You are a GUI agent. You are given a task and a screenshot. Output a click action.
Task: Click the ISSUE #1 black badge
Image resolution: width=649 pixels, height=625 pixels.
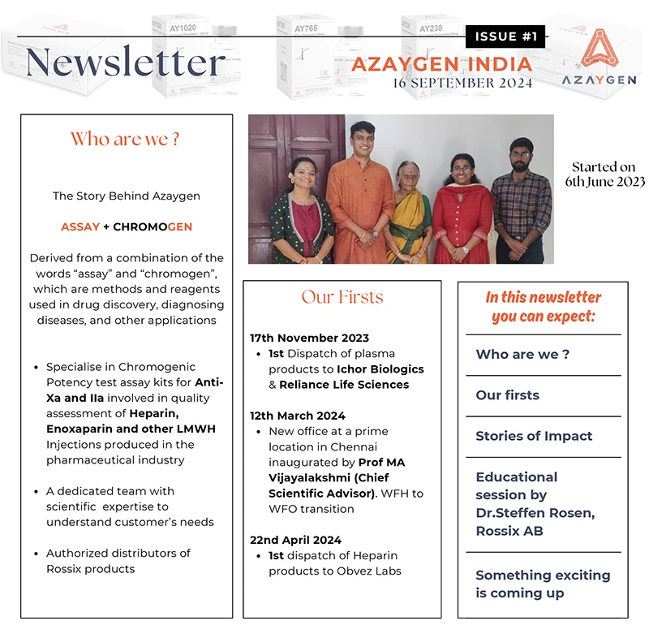click(506, 37)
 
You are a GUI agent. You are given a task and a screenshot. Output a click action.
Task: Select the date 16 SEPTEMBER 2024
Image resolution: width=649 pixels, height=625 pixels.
click(462, 83)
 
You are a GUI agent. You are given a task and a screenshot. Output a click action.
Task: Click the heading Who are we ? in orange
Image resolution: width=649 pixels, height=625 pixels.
click(125, 139)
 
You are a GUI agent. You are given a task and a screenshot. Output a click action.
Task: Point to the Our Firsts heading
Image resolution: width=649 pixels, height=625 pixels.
click(342, 296)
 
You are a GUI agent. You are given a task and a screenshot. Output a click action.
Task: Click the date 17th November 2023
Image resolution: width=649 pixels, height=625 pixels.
click(310, 338)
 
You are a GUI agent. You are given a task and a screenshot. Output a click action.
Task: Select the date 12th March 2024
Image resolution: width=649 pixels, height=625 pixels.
click(298, 416)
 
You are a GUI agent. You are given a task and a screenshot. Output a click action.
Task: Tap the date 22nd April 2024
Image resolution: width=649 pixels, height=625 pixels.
click(296, 540)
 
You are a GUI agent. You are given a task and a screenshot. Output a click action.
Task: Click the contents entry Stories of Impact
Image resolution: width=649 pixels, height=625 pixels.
click(534, 436)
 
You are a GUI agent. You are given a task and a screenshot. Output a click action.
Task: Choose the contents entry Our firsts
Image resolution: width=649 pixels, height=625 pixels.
click(507, 395)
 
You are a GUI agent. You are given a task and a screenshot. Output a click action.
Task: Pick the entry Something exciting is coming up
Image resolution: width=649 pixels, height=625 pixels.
click(542, 584)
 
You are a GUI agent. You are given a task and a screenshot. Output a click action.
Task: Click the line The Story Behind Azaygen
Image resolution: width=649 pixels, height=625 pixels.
click(126, 196)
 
